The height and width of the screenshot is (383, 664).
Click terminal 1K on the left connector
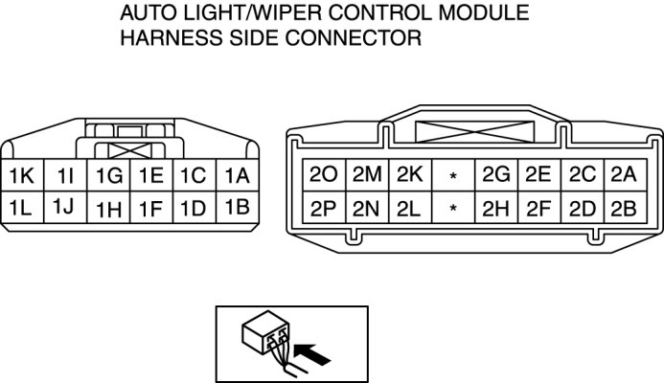[x=21, y=176]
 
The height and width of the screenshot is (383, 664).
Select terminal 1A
[x=237, y=176]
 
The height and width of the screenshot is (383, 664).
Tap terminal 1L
[x=21, y=206]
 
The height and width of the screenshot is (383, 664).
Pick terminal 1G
[x=108, y=176]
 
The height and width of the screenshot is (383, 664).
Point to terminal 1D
[x=193, y=207]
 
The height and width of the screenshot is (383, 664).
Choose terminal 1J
[x=64, y=206]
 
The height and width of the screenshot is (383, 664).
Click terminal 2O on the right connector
[x=324, y=175]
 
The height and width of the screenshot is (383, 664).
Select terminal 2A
[x=623, y=175]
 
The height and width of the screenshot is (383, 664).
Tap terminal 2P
[x=324, y=207]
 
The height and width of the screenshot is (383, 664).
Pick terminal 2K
[x=409, y=175]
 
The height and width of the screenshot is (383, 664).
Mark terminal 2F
[x=538, y=207]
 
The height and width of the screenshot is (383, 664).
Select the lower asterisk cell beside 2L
[x=452, y=207]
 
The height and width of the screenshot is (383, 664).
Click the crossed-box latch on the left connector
[x=129, y=150]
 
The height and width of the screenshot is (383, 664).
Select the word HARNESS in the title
[x=165, y=39]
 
